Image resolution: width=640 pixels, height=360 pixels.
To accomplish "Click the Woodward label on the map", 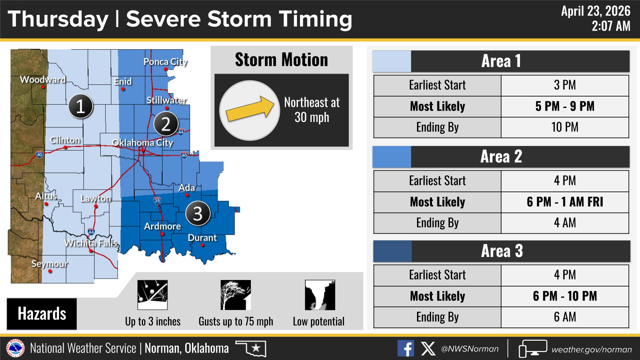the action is (x=43, y=80).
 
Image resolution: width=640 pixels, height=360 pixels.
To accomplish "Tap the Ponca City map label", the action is (x=166, y=62).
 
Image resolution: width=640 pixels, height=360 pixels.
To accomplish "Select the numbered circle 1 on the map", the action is (x=80, y=107).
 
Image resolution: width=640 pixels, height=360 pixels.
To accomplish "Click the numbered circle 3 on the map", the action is (x=198, y=214).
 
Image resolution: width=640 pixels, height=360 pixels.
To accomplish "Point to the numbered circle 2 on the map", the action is (x=166, y=124).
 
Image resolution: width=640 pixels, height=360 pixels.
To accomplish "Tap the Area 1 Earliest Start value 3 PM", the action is (x=565, y=85).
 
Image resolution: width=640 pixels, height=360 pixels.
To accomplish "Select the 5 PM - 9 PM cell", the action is (x=565, y=106).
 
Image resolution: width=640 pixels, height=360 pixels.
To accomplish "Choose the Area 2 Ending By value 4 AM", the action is (x=565, y=223).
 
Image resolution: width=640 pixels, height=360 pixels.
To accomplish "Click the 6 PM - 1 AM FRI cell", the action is (x=565, y=202).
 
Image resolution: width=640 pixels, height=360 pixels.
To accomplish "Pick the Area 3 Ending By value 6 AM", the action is (x=565, y=317).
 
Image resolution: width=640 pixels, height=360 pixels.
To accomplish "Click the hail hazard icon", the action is (x=153, y=295).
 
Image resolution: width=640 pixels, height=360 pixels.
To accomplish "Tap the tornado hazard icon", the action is (x=320, y=295).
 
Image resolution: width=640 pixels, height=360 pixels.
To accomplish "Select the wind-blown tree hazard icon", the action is (x=236, y=295).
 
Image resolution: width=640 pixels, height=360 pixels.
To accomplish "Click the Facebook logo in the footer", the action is (x=406, y=349).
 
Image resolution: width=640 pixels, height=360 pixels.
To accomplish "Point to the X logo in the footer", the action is (x=428, y=349).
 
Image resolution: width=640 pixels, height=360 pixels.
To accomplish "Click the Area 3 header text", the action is (x=502, y=251).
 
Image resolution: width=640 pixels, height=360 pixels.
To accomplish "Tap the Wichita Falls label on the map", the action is (x=91, y=243).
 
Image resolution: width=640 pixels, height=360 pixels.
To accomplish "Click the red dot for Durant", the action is (x=202, y=245).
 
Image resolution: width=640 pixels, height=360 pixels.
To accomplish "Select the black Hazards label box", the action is (x=42, y=314).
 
